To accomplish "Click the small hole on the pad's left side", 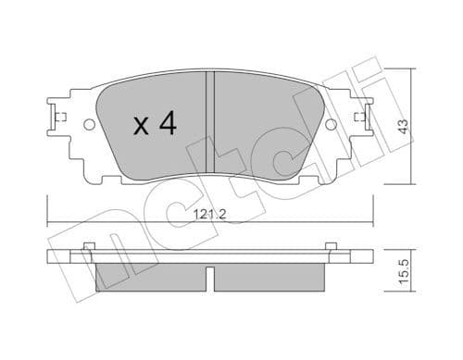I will point(89,125).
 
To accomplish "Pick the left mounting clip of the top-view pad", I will point(53,118).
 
